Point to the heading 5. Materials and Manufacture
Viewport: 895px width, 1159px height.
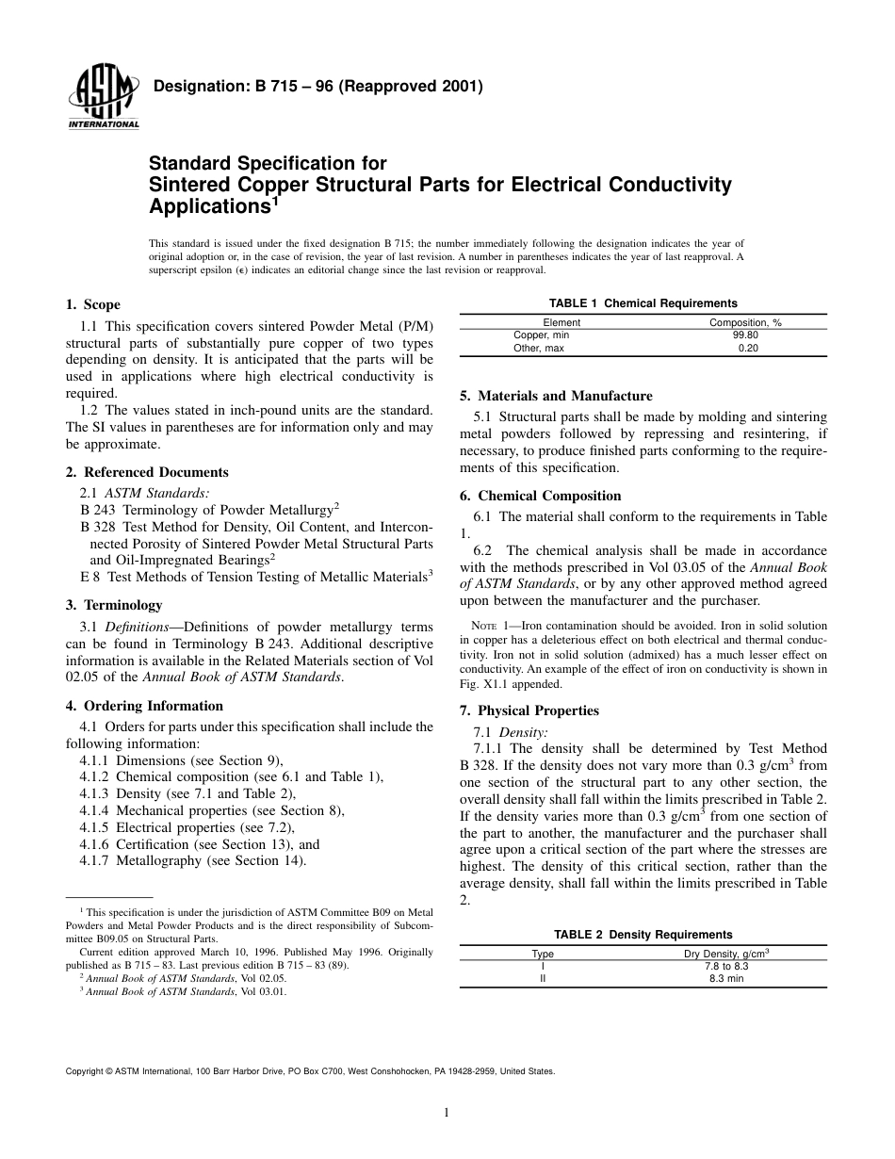[556, 396]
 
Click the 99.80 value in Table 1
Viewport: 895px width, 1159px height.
[745, 335]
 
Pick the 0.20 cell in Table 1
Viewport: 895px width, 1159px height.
[747, 348]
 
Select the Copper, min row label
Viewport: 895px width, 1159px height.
[541, 335]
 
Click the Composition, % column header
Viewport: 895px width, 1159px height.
[745, 322]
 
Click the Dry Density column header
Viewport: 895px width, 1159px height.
[726, 954]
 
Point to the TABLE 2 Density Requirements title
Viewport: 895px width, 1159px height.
[643, 935]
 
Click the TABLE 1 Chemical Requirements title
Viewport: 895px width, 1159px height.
[643, 303]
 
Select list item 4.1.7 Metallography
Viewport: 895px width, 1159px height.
[193, 859]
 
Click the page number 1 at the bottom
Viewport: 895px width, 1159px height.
[447, 1113]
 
